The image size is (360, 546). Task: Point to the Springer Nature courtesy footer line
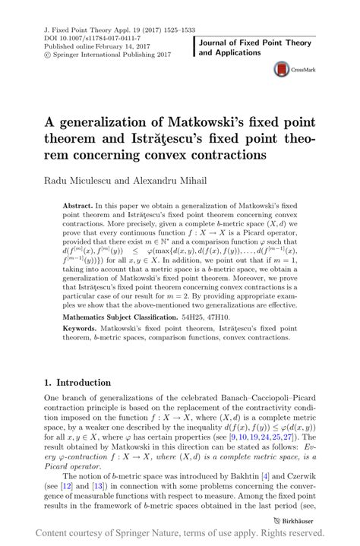180,535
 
